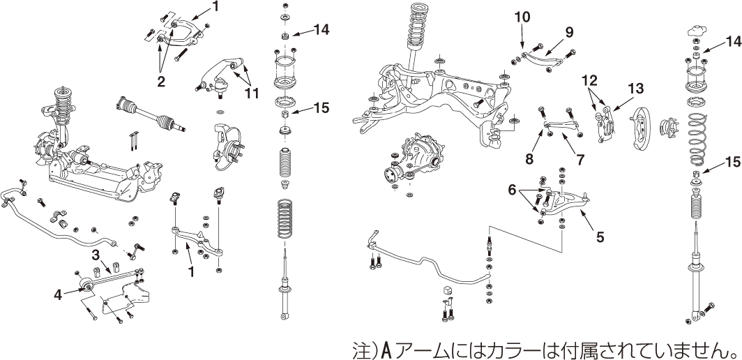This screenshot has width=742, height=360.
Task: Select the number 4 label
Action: [x=59, y=294]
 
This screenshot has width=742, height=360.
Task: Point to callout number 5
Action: [x=600, y=237]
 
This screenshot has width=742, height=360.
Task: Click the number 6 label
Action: [x=511, y=189]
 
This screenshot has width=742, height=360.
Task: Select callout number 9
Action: [x=569, y=31]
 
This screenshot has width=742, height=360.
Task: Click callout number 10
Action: [x=522, y=15]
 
